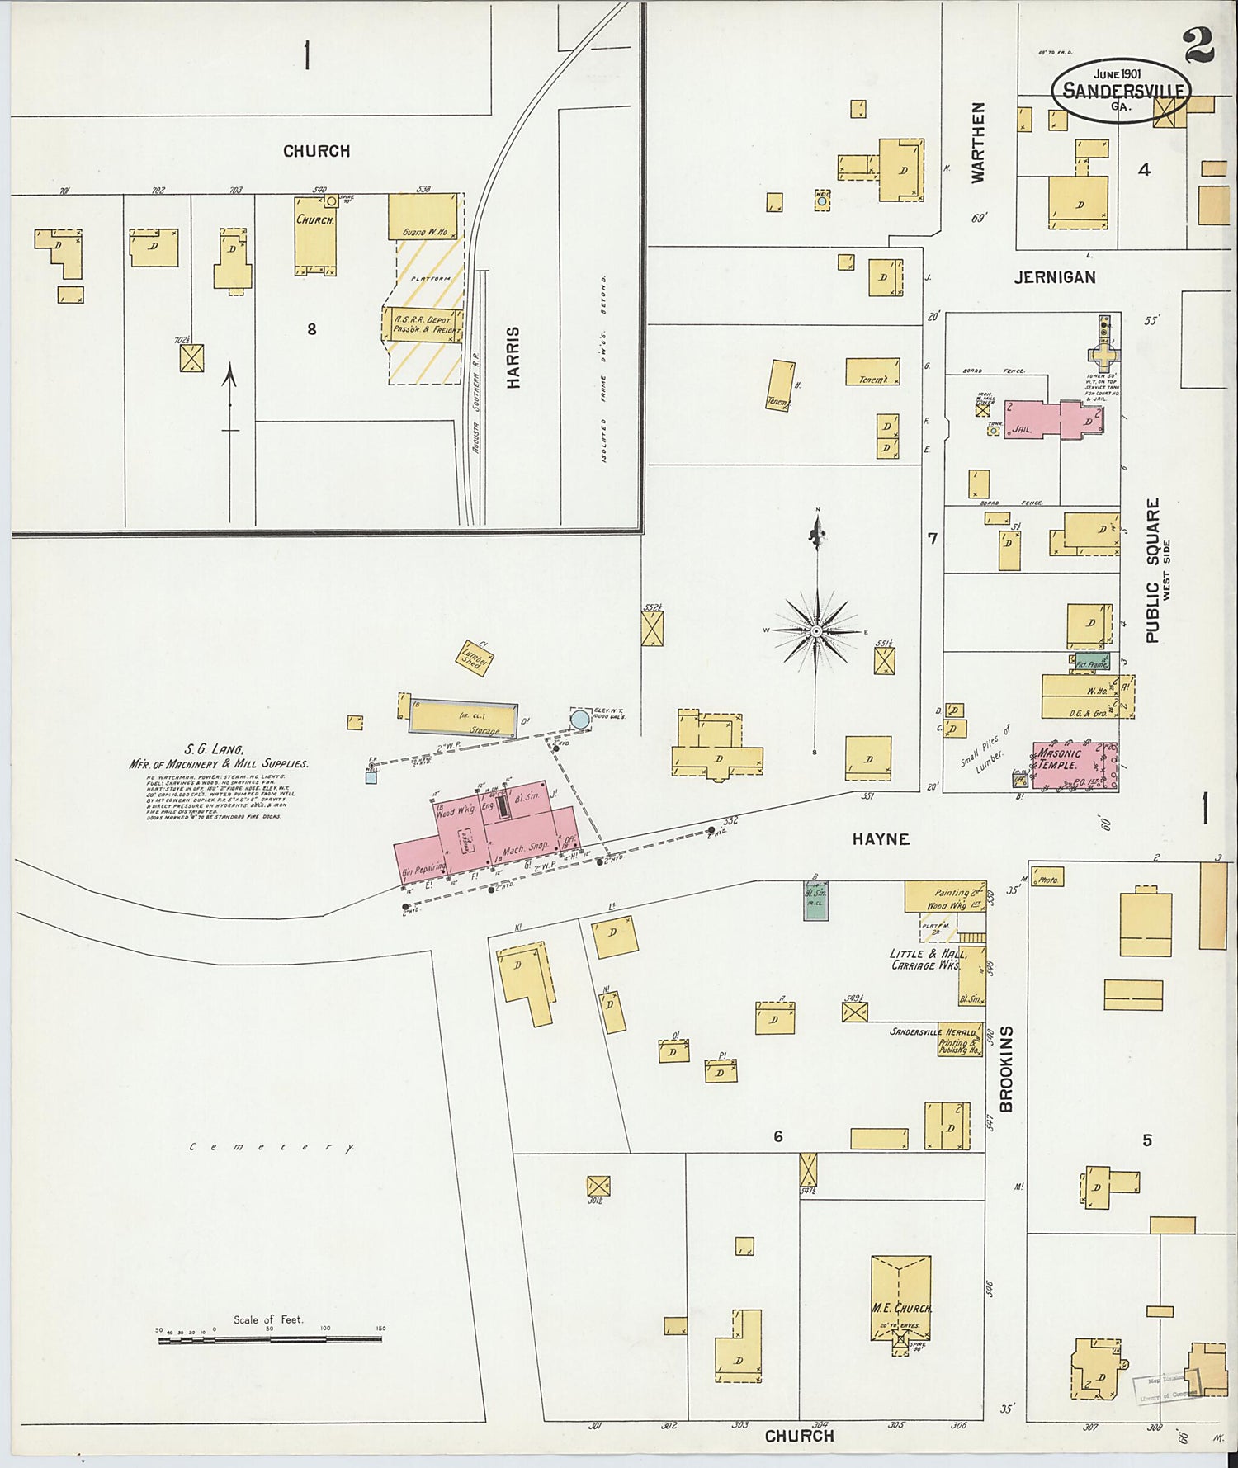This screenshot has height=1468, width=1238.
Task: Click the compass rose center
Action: [x=816, y=631]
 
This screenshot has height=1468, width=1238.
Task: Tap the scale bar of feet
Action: [x=270, y=1339]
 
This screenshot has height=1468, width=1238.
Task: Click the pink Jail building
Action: [x=1045, y=419]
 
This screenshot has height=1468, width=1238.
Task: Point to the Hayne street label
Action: [x=881, y=838]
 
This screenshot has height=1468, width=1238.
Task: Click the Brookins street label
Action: [x=1005, y=1069]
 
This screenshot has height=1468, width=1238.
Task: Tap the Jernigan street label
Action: [x=1055, y=278]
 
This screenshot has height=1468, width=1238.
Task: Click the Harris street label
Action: [x=513, y=357]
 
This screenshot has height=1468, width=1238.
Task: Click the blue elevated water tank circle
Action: [x=580, y=720]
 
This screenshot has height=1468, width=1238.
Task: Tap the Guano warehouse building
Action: [x=423, y=217]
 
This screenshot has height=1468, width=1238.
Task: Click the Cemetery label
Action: [x=271, y=1147]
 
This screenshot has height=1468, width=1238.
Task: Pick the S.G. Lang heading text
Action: [x=214, y=749]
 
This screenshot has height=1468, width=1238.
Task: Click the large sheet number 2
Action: [x=1198, y=45]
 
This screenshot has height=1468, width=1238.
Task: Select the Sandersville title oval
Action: [x=1121, y=91]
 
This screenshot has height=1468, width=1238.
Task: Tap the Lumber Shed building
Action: [x=474, y=658]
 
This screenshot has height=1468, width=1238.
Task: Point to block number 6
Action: [x=777, y=1137]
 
